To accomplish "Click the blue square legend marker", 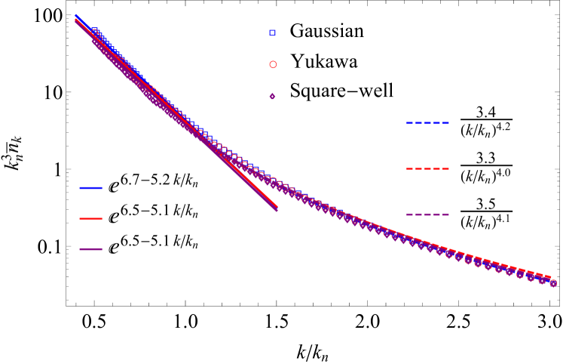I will [x=273, y=32].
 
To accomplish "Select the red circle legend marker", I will [x=273, y=64].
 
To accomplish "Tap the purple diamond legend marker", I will [x=272, y=96].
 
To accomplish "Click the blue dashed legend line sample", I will [x=427, y=123].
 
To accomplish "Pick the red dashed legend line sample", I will [x=427, y=168].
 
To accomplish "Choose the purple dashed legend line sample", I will [x=427, y=214].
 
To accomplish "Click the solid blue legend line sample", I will [x=90, y=188].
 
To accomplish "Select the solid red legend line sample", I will [x=90, y=218].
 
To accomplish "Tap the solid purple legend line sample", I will [x=90, y=249].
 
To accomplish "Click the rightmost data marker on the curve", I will [x=553, y=283].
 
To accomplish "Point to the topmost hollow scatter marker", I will [x=94, y=32].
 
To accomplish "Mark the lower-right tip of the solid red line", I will [x=277, y=206].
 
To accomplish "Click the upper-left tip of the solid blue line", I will [x=75, y=15].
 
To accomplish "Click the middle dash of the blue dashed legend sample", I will [x=427, y=123].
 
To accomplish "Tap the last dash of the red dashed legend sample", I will [x=445, y=168].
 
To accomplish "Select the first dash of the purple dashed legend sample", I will [x=410, y=214].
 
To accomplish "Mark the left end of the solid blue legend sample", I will [x=81, y=188].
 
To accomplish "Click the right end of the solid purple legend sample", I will [x=101, y=249].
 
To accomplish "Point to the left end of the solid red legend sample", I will [x=81, y=218].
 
